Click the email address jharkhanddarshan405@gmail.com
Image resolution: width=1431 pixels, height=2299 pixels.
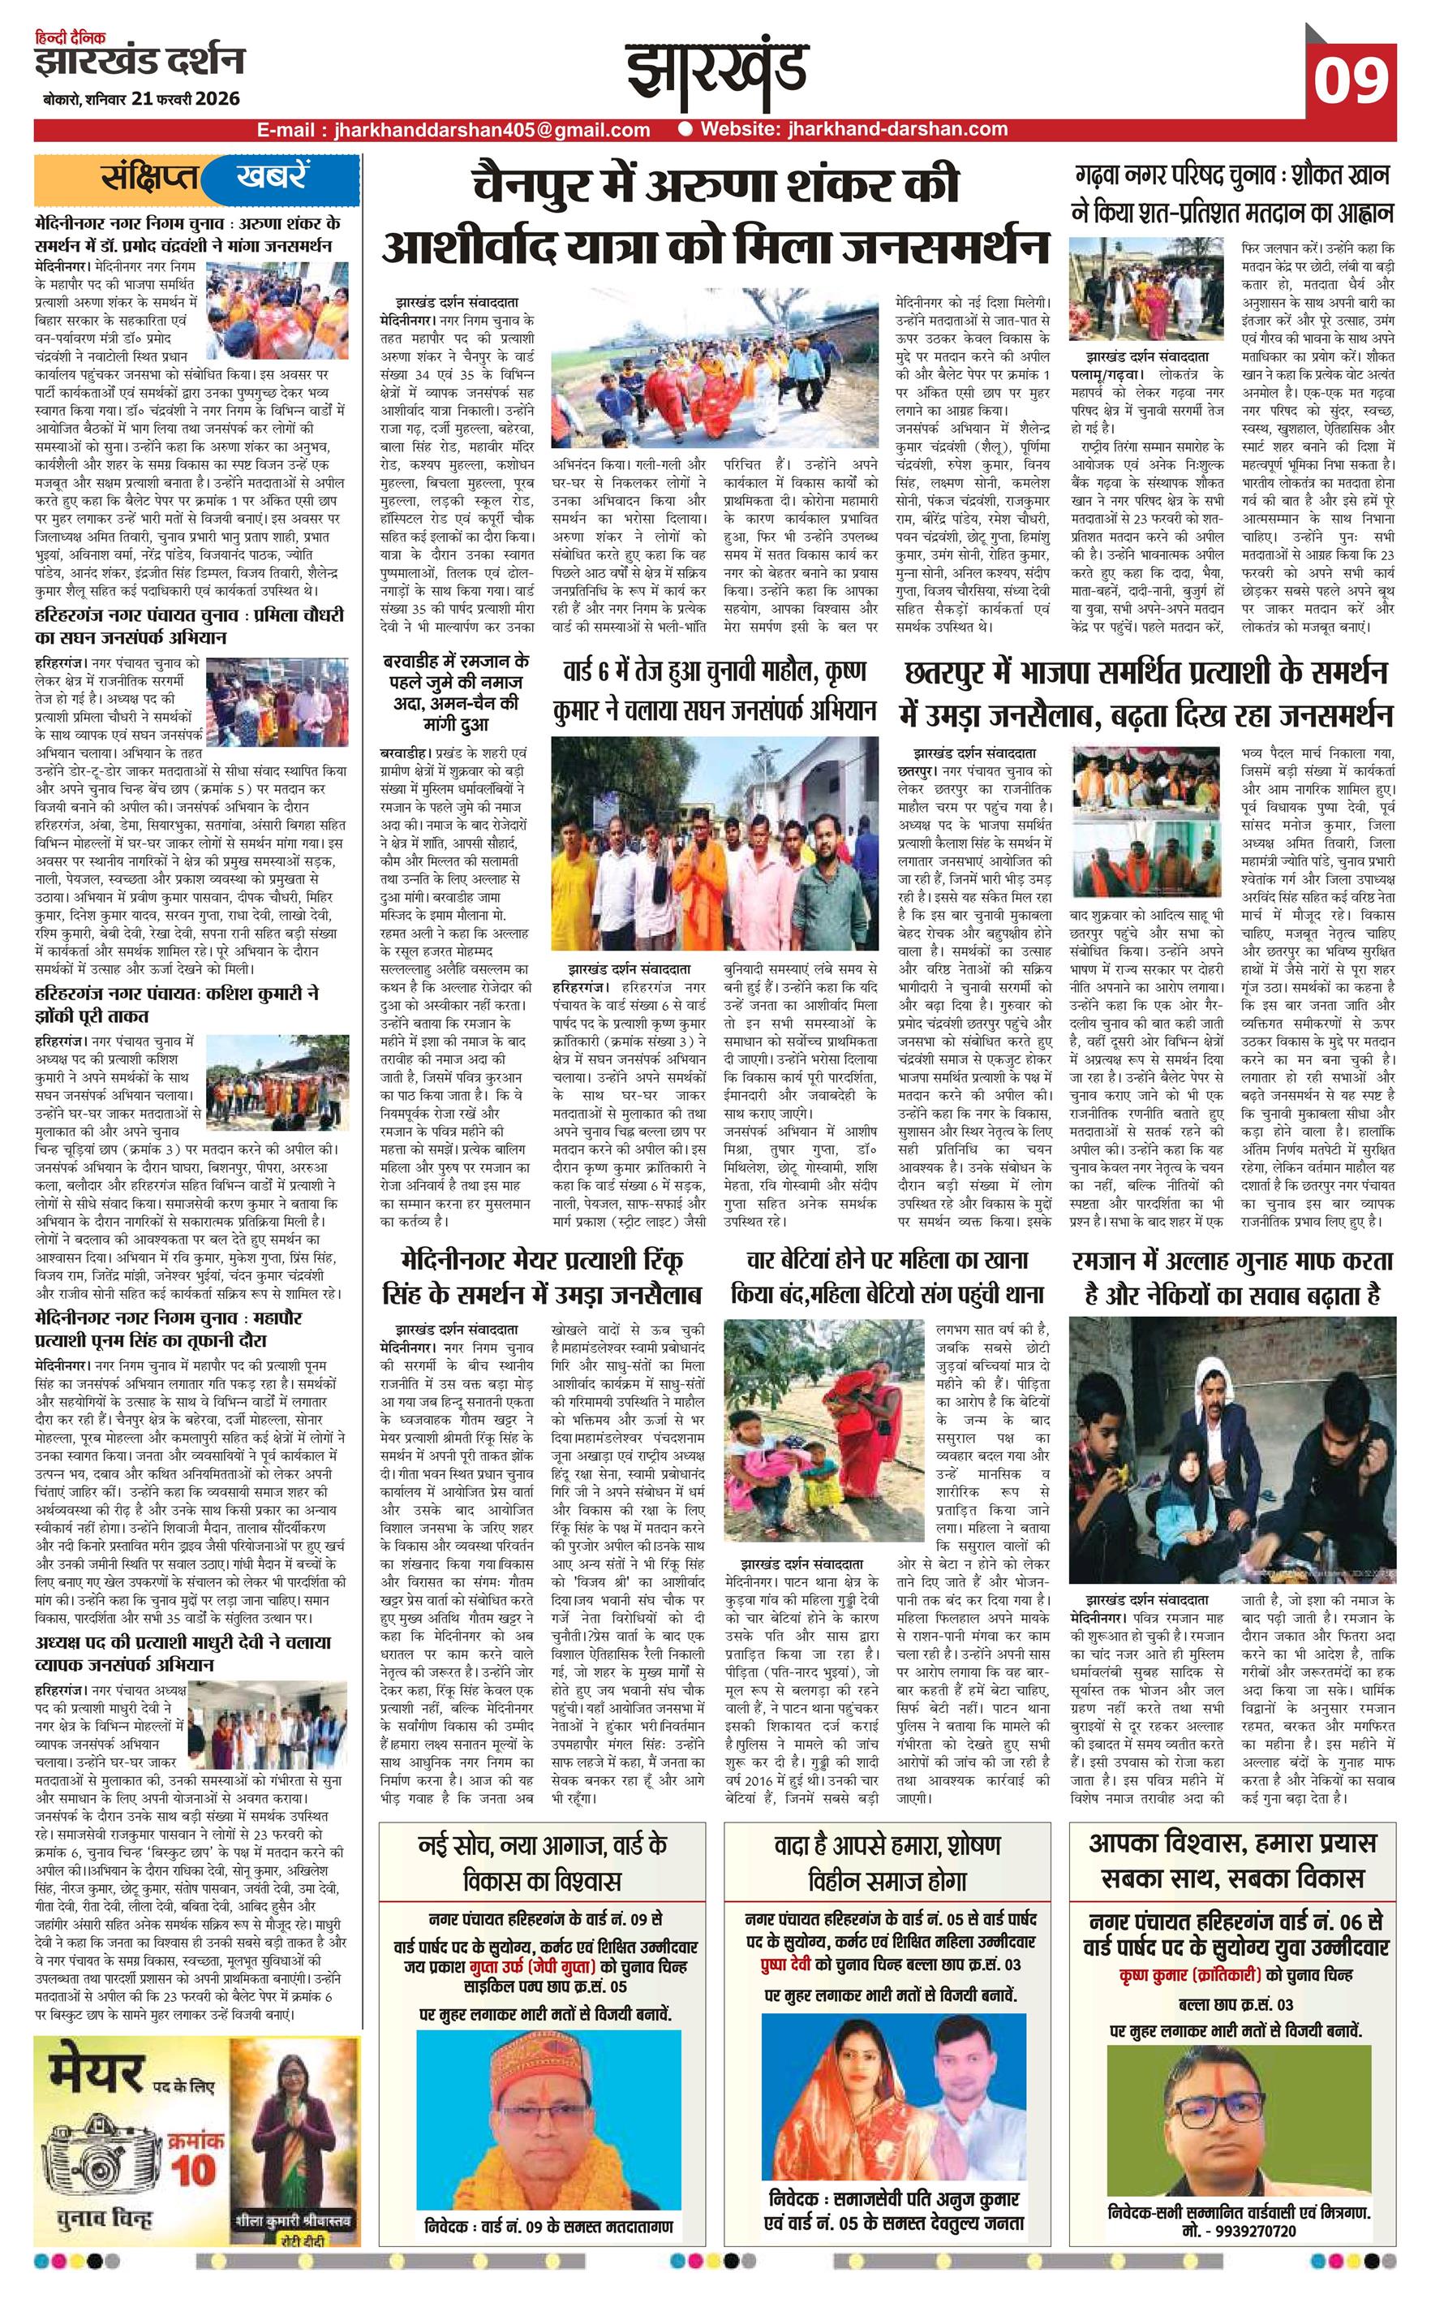[x=453, y=131]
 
